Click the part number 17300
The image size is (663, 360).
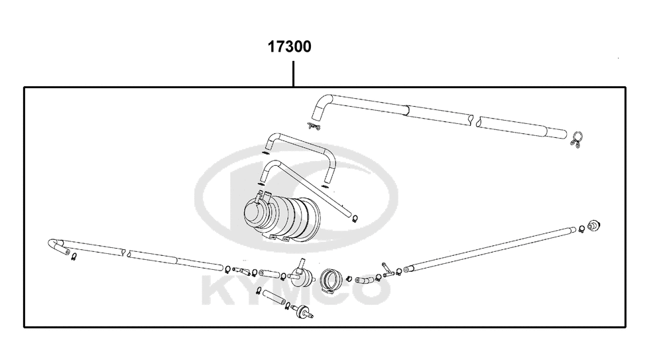[x=290, y=47]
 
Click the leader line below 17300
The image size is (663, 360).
[x=293, y=74]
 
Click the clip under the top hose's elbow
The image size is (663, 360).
[x=314, y=125]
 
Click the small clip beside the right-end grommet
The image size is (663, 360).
[x=581, y=229]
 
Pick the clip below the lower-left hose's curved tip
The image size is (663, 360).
[x=73, y=257]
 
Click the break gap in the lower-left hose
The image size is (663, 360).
[x=126, y=253]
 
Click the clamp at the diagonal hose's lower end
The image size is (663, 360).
[x=355, y=217]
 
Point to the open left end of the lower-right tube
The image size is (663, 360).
[x=408, y=269]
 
